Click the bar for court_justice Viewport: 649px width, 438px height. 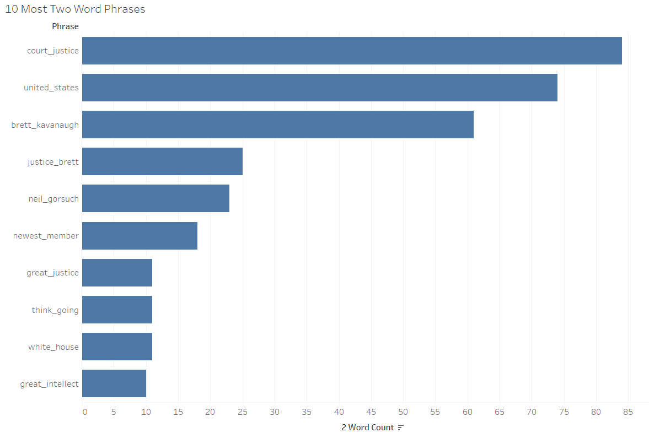352,51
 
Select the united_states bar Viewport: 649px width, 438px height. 320,88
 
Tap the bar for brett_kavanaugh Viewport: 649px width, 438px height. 278,125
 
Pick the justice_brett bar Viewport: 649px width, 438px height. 162,161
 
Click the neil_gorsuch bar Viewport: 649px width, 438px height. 155,198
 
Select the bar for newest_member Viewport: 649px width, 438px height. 140,236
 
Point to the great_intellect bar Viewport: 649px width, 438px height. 114,383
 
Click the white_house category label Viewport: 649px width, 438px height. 53,347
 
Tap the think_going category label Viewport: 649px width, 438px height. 55,310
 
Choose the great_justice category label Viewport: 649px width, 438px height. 52,273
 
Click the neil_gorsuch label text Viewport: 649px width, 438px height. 53,199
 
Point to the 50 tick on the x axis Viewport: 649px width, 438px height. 404,412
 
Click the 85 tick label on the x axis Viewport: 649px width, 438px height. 628,412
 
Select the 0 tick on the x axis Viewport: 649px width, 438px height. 84,412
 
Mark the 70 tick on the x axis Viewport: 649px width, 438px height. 532,412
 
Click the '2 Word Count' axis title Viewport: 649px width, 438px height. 367,428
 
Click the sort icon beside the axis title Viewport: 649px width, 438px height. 401,428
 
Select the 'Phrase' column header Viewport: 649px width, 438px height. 65,26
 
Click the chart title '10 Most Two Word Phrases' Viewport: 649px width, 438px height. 75,9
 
